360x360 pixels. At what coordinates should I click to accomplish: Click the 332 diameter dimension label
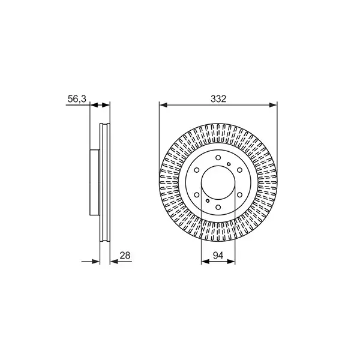coord(218,99)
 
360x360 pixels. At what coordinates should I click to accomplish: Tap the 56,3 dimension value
coord(76,99)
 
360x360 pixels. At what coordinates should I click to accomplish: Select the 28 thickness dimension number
coord(125,255)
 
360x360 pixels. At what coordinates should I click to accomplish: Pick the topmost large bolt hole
coord(218,154)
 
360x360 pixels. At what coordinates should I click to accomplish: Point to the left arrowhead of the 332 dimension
coord(163,106)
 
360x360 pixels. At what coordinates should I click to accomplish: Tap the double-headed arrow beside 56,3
coord(100,106)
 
